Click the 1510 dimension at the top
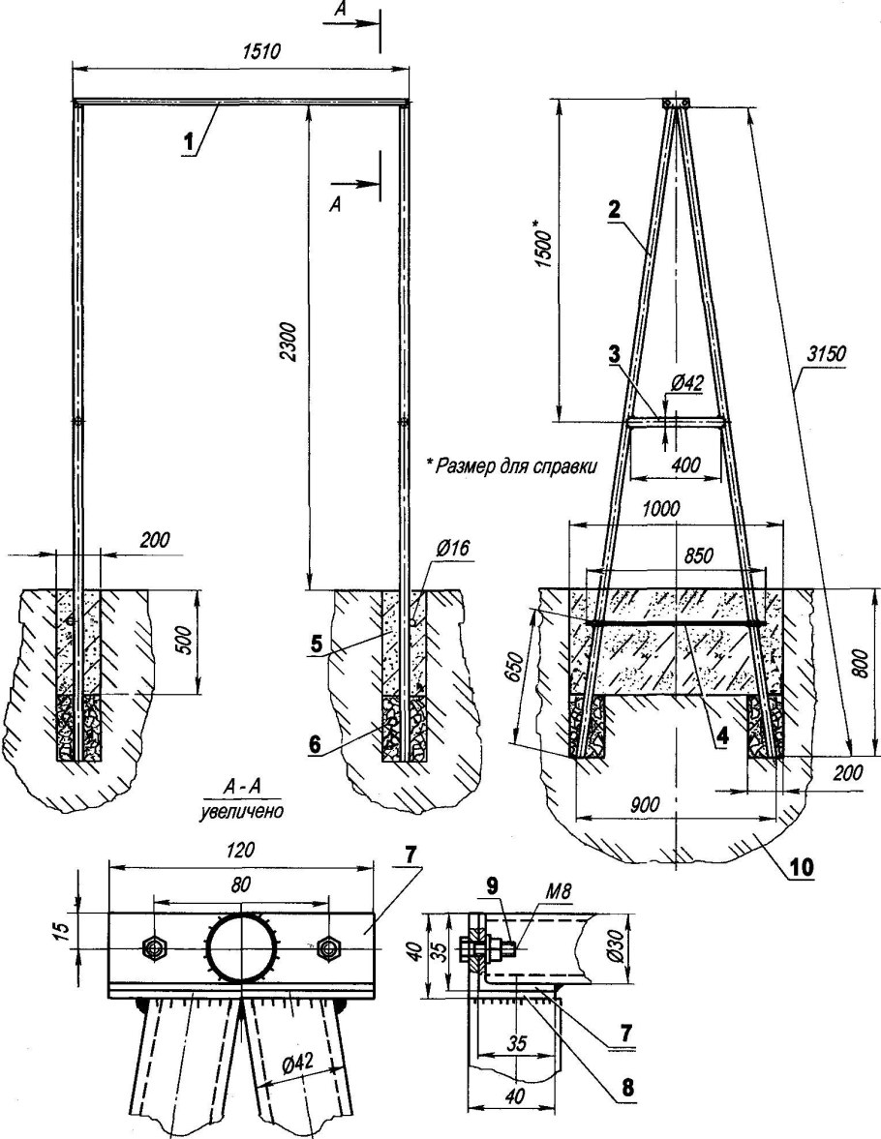[x=259, y=51]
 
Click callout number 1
[x=189, y=141]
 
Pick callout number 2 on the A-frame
[x=614, y=209]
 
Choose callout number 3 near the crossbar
[x=614, y=355]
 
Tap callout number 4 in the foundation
[x=721, y=736]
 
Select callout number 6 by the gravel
[x=315, y=744]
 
